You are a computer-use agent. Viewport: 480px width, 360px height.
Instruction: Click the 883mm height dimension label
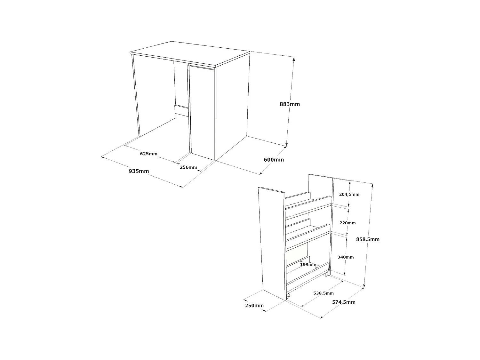point(290,104)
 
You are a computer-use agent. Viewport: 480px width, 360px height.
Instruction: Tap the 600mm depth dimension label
point(274,160)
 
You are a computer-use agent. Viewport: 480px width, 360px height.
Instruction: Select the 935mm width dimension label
point(139,171)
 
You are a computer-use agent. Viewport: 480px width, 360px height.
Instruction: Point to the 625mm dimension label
point(149,154)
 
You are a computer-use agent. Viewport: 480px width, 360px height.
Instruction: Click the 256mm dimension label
point(188,167)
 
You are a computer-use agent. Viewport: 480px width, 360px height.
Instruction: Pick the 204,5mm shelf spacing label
point(349,194)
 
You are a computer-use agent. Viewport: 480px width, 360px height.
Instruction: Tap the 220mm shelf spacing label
point(348,223)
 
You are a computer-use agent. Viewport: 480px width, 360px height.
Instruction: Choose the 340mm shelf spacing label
point(346,257)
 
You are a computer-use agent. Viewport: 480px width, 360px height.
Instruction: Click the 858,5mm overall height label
point(368,239)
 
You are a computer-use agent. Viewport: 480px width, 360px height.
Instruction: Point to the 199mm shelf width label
point(308,264)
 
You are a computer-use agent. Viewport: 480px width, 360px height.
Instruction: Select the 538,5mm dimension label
point(323,293)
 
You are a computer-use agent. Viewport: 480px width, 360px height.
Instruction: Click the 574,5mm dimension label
point(344,302)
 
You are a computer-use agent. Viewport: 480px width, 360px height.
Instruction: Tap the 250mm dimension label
point(254,306)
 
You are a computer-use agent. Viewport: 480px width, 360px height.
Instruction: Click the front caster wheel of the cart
point(288,296)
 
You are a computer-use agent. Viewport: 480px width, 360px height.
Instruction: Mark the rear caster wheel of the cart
point(326,274)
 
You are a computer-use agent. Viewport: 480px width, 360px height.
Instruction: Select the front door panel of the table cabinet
point(202,112)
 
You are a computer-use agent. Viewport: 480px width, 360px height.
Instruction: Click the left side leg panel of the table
point(136,96)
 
